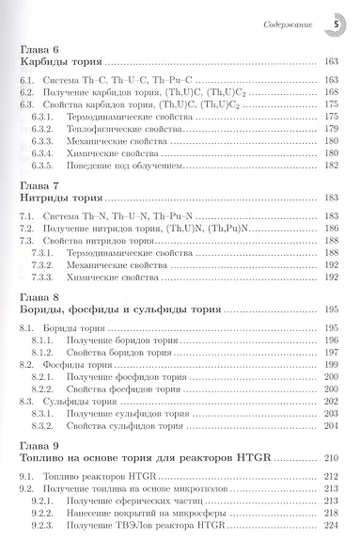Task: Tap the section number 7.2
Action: click(30, 228)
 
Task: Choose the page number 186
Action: click(329, 228)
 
